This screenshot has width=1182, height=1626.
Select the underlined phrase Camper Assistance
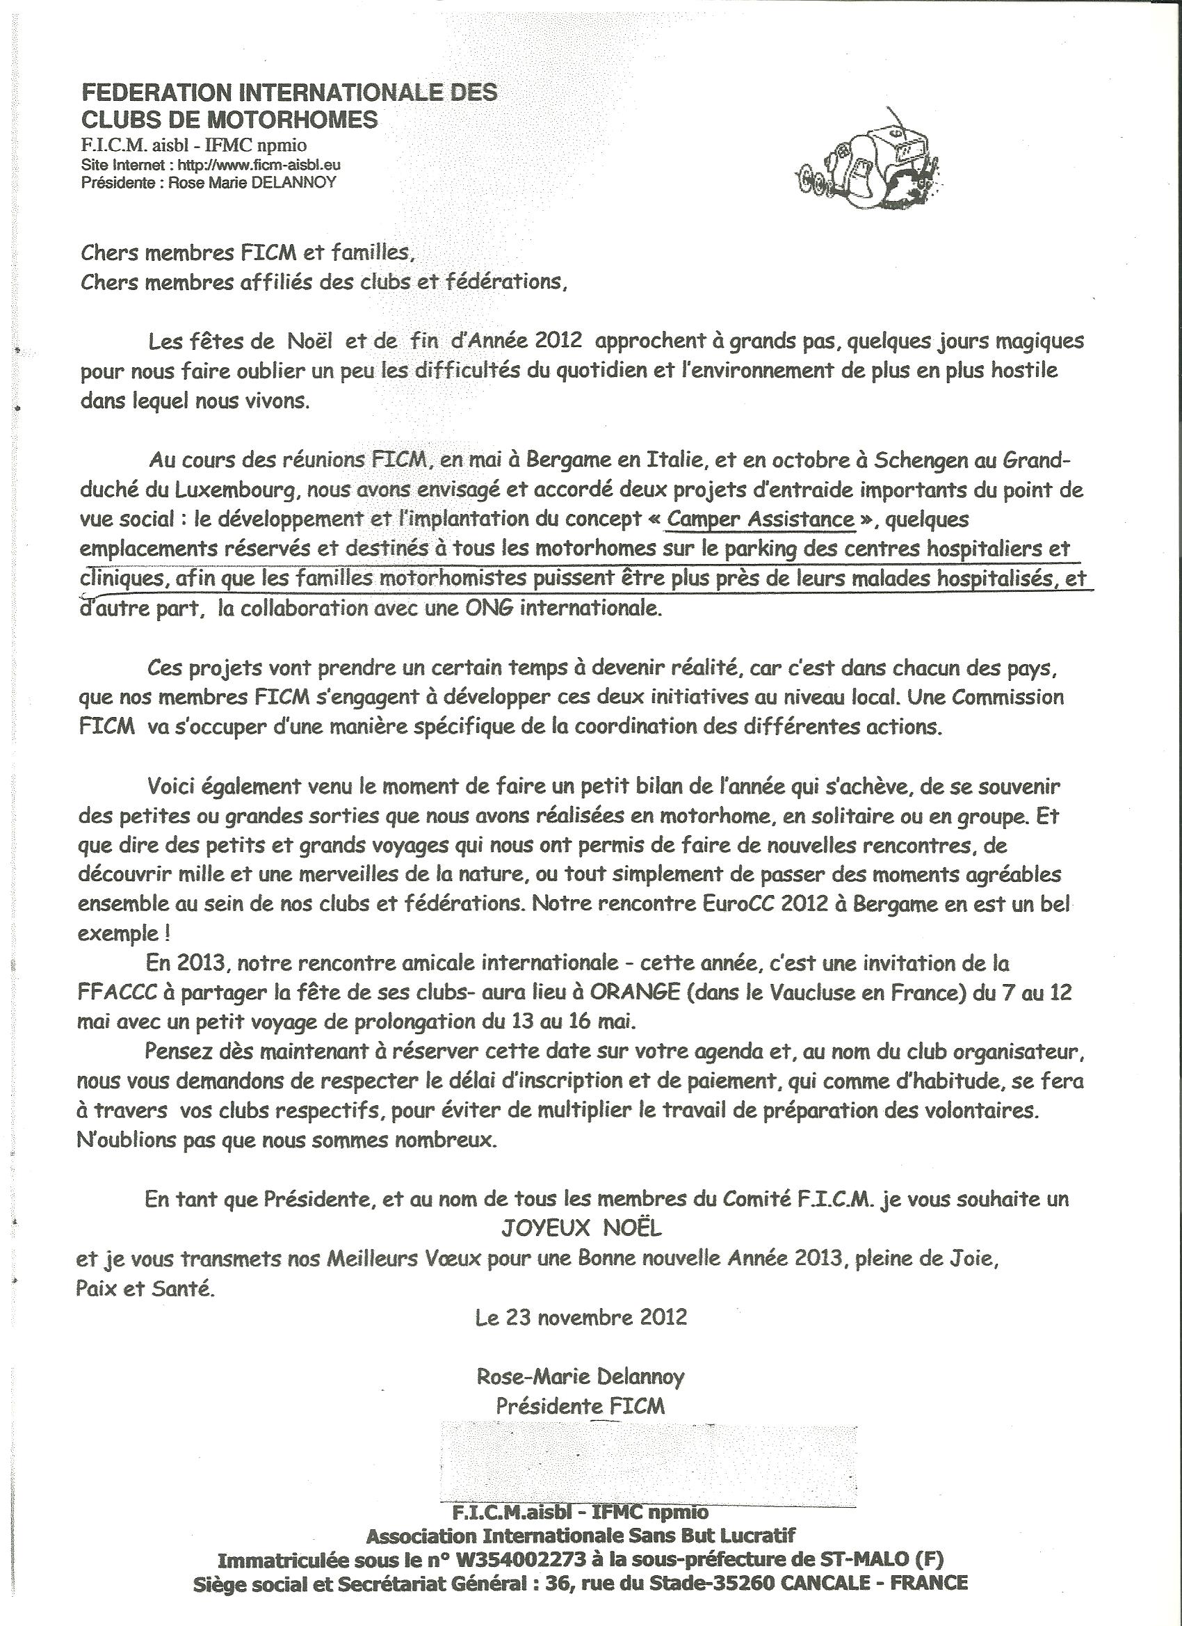pos(760,518)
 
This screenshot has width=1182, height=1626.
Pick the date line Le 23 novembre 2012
pos(581,1317)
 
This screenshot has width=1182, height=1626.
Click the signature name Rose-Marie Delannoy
pos(580,1376)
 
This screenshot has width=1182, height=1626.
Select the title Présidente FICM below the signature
pos(580,1406)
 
